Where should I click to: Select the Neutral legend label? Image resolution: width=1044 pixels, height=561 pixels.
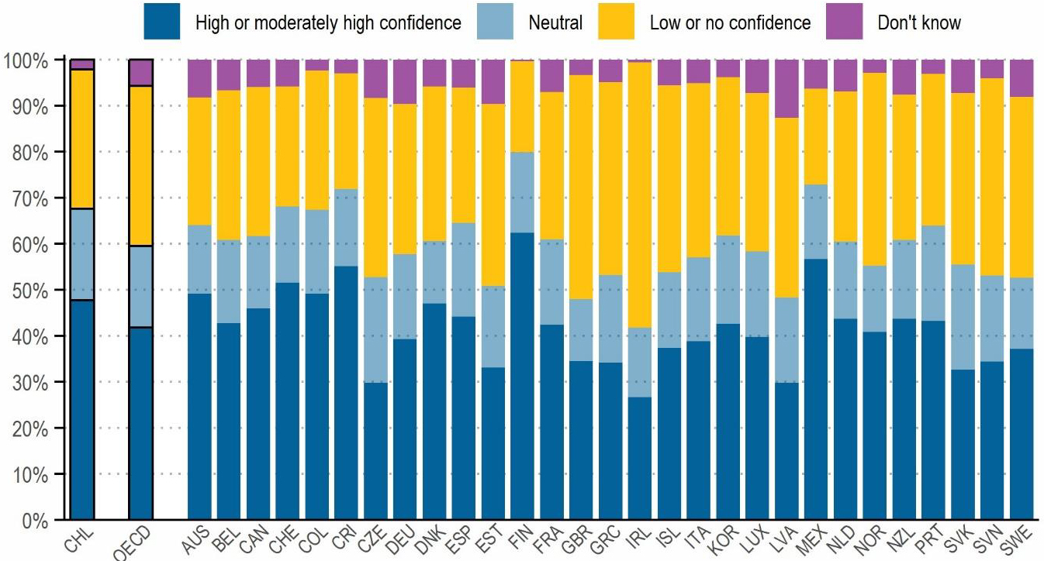coord(555,22)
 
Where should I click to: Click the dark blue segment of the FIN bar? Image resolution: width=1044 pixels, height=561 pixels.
coord(523,376)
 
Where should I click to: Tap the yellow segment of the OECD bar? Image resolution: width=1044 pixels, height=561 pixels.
coord(140,166)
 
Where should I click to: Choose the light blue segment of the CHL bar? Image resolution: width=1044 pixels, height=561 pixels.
coord(82,254)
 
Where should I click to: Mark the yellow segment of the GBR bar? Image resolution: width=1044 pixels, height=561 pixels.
coord(581,187)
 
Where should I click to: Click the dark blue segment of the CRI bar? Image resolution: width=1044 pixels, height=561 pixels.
coord(345,392)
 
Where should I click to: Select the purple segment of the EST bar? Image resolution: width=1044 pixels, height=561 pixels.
coord(493,81)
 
